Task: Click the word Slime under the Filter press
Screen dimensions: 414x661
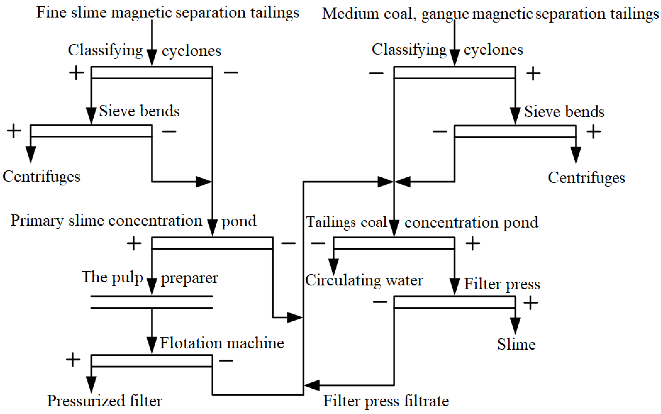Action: (516, 344)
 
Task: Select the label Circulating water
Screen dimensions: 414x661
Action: (364, 281)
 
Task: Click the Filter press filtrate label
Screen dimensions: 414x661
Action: (386, 401)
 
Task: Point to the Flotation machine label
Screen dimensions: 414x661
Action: (222, 343)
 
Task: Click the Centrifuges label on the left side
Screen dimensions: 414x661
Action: (41, 176)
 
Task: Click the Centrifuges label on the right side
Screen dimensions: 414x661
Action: (586, 178)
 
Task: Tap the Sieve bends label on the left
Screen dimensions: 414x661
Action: (139, 111)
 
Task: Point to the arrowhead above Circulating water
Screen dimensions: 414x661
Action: (333, 266)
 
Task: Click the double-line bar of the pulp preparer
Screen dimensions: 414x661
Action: (152, 302)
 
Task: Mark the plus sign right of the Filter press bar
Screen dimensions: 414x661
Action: (531, 303)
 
